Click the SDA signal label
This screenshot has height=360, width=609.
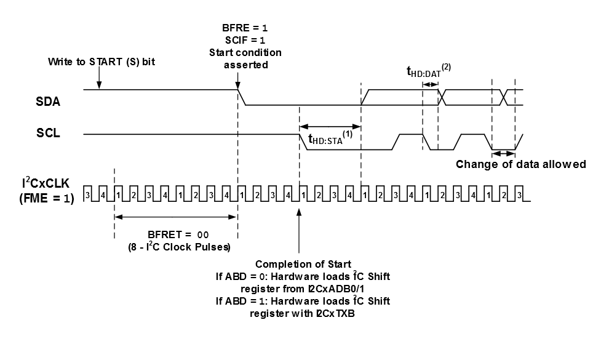(48, 102)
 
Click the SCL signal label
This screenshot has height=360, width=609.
(48, 133)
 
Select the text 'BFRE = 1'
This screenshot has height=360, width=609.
(245, 28)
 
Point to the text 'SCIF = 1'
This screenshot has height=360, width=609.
(245, 40)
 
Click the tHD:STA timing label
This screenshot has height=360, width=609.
(326, 139)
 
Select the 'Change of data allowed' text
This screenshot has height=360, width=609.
(520, 164)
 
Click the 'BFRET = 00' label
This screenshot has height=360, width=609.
(175, 234)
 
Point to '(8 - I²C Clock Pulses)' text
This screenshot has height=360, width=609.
(175, 247)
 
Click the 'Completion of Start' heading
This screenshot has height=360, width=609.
(298, 265)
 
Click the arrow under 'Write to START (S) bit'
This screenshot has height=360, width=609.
(98, 78)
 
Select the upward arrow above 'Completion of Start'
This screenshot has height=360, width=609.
(299, 228)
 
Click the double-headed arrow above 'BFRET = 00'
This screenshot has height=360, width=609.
(175, 216)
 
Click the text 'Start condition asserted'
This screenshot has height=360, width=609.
(244, 58)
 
